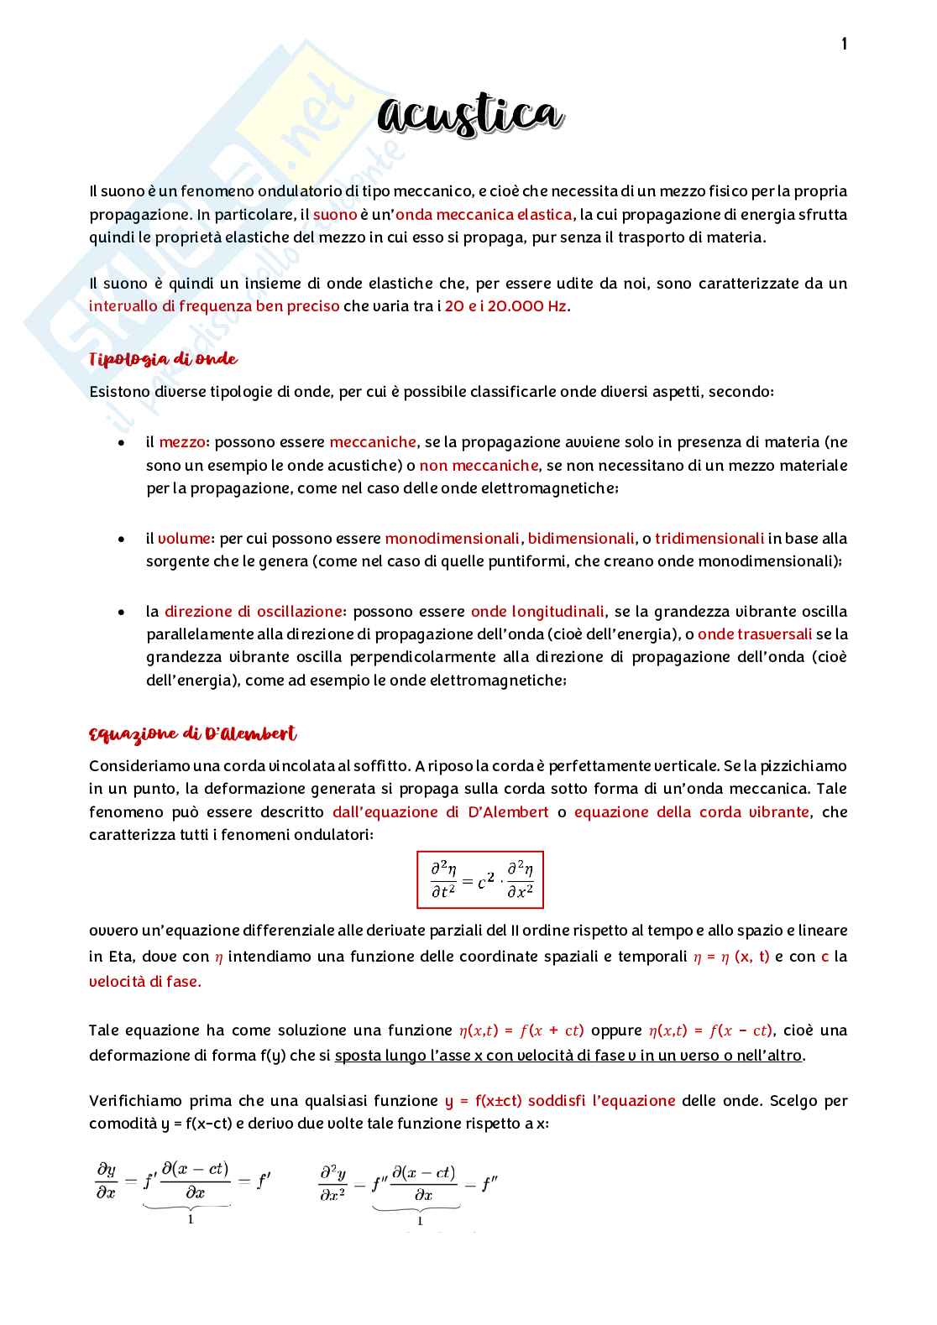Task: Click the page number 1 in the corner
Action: pyautogui.click(x=844, y=44)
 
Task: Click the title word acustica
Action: pyautogui.click(x=469, y=116)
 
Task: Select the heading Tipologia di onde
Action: pyautogui.click(x=163, y=359)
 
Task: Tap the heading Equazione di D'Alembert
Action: pyautogui.click(x=192, y=734)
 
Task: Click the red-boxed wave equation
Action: pyautogui.click(x=480, y=879)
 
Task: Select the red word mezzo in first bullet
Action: pyautogui.click(x=182, y=442)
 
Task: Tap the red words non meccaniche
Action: pyautogui.click(x=479, y=465)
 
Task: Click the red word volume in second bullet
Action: pyautogui.click(x=186, y=538)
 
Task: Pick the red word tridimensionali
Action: pyautogui.click(x=709, y=538)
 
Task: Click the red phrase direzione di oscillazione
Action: pyautogui.click(x=254, y=611)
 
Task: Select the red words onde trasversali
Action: pyautogui.click(x=755, y=634)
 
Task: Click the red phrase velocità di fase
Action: pyautogui.click(x=144, y=981)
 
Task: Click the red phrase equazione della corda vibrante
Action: pyautogui.click(x=692, y=811)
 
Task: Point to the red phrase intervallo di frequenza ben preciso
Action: pyautogui.click(x=214, y=305)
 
